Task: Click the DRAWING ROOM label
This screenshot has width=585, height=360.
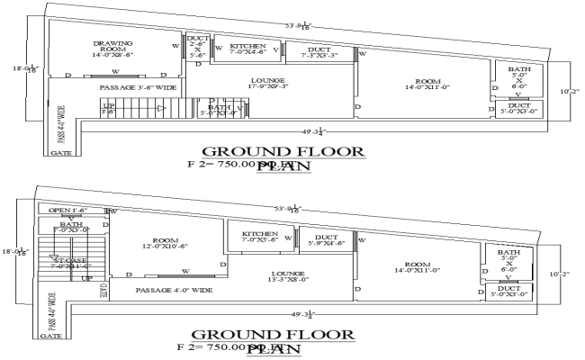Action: click(x=112, y=48)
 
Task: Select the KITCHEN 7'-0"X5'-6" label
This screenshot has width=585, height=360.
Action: click(x=259, y=237)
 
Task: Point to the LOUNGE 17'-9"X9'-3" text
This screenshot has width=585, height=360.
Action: click(x=268, y=84)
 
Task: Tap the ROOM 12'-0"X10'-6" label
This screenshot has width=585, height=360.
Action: click(x=165, y=244)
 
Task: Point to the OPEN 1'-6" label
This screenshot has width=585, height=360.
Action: click(x=67, y=211)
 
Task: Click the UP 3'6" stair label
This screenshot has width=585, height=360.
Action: click(x=108, y=108)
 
